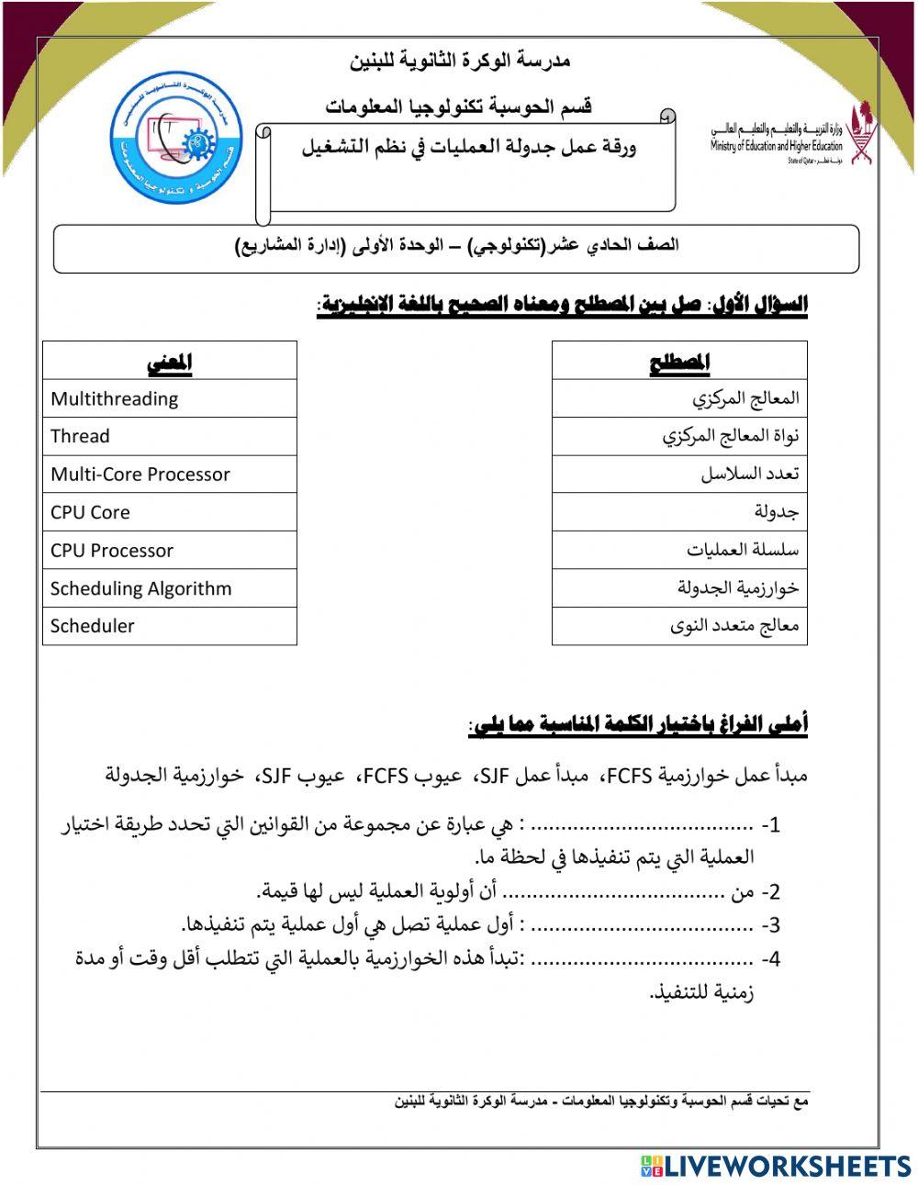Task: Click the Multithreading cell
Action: pyautogui.click(x=170, y=398)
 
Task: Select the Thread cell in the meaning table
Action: pyautogui.click(x=170, y=436)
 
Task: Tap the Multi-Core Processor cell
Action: pyautogui.click(x=170, y=475)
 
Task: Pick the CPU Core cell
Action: pyautogui.click(x=170, y=512)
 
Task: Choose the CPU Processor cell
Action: pyautogui.click(x=170, y=551)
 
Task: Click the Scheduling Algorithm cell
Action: pyautogui.click(x=170, y=588)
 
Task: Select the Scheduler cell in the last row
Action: pyautogui.click(x=170, y=626)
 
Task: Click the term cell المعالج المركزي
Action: pyautogui.click(x=679, y=398)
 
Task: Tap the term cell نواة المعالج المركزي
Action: pyautogui.click(x=679, y=436)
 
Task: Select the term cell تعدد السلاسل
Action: pyautogui.click(x=679, y=475)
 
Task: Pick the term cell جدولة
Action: pyautogui.click(x=679, y=512)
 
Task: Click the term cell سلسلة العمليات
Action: pyautogui.click(x=679, y=551)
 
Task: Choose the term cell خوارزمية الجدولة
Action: pyautogui.click(x=679, y=588)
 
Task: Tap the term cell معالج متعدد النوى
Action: pyautogui.click(x=679, y=626)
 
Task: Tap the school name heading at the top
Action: pyautogui.click(x=460, y=61)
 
